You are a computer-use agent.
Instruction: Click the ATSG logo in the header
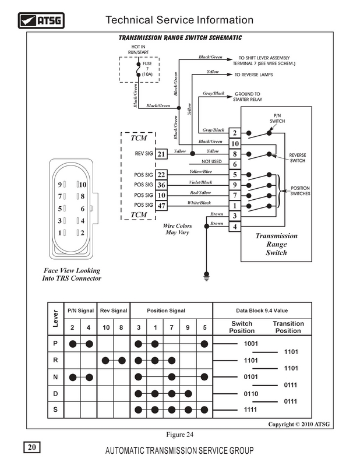pyautogui.click(x=41, y=20)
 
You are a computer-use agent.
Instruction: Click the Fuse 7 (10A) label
pyautogui.click(x=147, y=69)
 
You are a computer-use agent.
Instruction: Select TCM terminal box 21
pyautogui.click(x=161, y=154)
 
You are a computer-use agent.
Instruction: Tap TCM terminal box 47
pyautogui.click(x=161, y=206)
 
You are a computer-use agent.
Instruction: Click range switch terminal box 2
pyautogui.click(x=235, y=133)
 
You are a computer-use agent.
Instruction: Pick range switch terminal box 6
pyautogui.click(x=235, y=164)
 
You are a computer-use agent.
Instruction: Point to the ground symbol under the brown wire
pyautogui.click(x=207, y=276)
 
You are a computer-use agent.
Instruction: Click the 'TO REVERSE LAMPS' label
pyautogui.click(x=253, y=75)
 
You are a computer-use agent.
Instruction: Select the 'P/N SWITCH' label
pyautogui.click(x=277, y=118)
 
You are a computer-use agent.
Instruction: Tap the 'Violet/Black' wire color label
pyautogui.click(x=200, y=182)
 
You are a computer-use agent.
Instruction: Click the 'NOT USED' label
pyautogui.click(x=211, y=161)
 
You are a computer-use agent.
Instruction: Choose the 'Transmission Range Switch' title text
pyautogui.click(x=277, y=244)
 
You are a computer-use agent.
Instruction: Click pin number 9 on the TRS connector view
pyautogui.click(x=60, y=185)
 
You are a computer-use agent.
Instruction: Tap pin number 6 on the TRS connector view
pyautogui.click(x=83, y=209)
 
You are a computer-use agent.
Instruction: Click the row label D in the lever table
pyautogui.click(x=55, y=394)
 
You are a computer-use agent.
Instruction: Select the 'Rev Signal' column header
pyautogui.click(x=114, y=310)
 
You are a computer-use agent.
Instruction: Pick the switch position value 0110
pyautogui.click(x=251, y=394)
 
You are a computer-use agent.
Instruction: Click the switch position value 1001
pyautogui.click(x=251, y=344)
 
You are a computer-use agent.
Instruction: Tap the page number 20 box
pyautogui.click(x=32, y=447)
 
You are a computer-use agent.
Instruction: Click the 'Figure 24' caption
pyautogui.click(x=179, y=435)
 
